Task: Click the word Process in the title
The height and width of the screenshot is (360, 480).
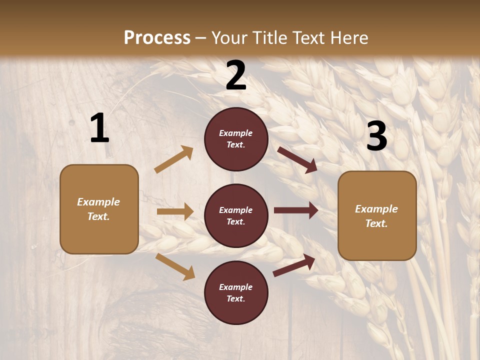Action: click(157, 38)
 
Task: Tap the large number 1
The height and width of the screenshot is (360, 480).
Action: click(99, 128)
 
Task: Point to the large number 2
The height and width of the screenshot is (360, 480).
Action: click(236, 76)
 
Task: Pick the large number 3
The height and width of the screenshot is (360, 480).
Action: click(376, 136)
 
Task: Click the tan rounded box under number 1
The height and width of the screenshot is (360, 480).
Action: click(99, 209)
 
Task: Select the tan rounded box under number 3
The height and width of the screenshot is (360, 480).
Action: click(377, 216)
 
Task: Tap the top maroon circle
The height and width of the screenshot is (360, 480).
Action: click(236, 139)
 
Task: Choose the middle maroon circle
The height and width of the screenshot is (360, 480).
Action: click(236, 216)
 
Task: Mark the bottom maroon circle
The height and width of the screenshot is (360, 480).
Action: click(236, 293)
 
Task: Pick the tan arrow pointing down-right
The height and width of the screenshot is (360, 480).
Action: click(175, 266)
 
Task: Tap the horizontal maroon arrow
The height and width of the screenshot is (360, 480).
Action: click(295, 210)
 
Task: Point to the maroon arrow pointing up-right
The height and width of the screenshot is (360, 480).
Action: click(294, 265)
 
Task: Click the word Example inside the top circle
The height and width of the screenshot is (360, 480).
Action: click(236, 133)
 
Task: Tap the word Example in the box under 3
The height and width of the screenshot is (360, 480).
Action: click(376, 209)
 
